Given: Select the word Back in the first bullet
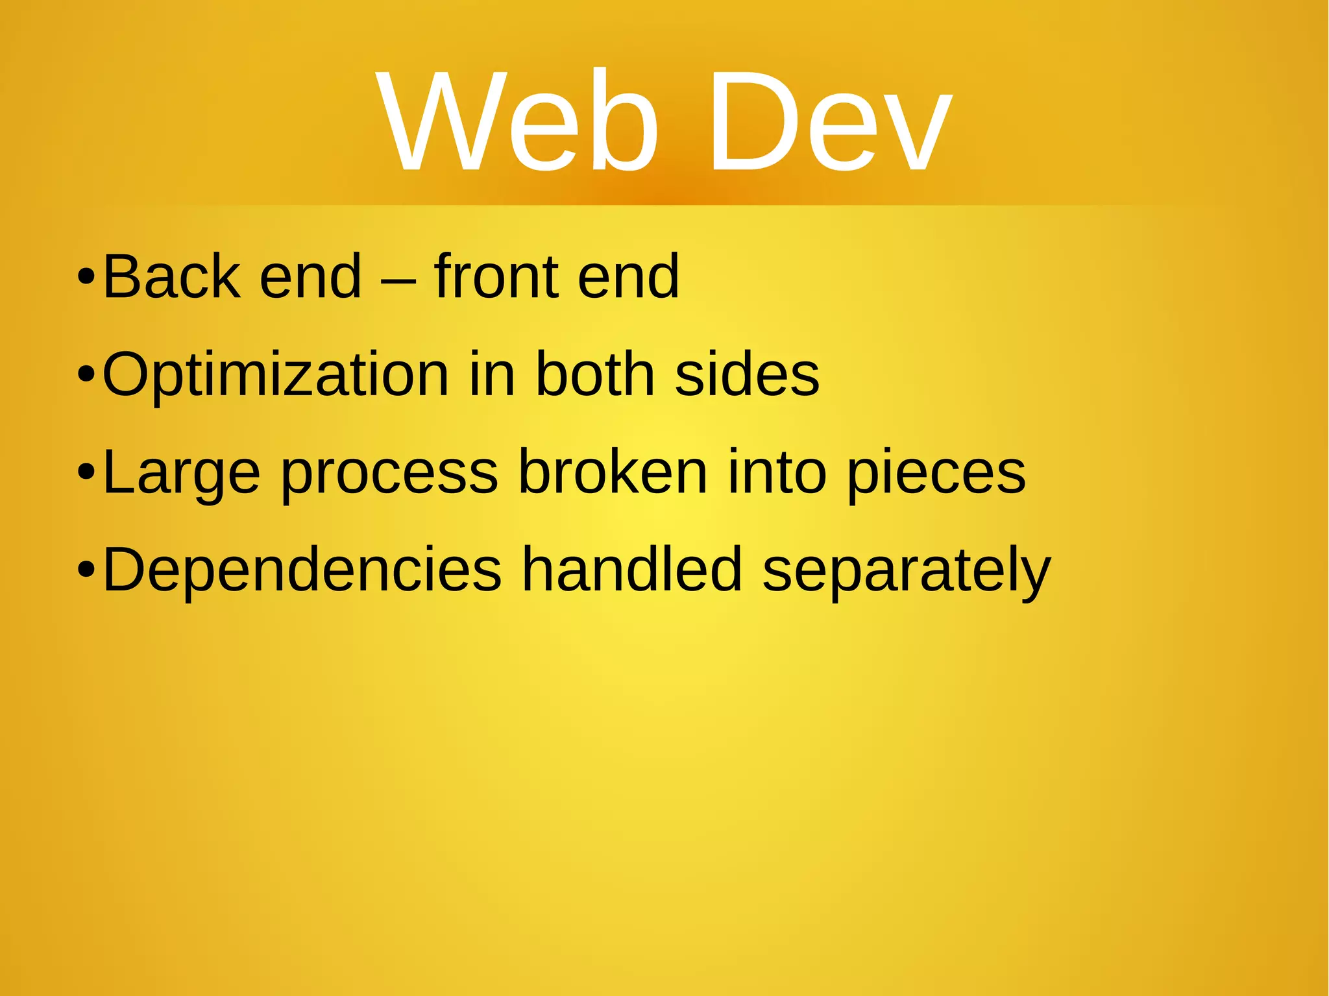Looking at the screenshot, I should [x=171, y=277].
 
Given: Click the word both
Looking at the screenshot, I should [x=595, y=374].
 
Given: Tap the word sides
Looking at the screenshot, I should [x=747, y=374].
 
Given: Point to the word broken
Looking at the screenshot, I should [x=613, y=472].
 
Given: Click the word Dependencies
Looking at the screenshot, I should [x=302, y=570].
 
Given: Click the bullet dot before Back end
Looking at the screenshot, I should [x=86, y=278].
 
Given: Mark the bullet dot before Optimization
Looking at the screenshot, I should [x=86, y=376].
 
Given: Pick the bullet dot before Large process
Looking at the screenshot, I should [x=86, y=473].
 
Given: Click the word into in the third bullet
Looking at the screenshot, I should [x=777, y=472].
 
